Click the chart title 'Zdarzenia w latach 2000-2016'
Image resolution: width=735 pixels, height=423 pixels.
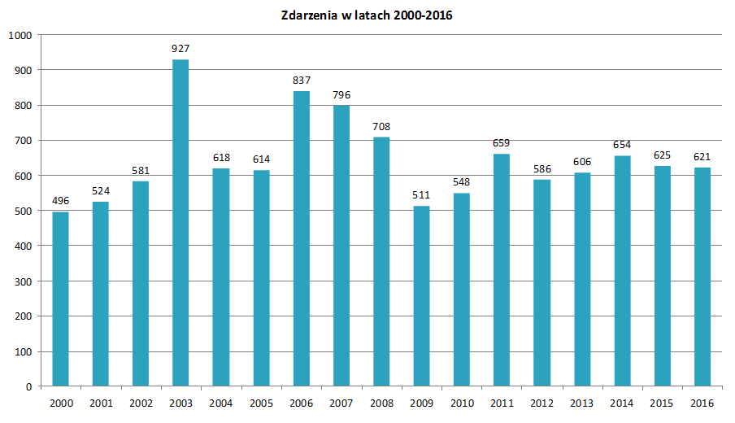367,15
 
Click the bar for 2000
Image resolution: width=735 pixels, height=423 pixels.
60,299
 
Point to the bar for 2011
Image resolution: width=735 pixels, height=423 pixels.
502,269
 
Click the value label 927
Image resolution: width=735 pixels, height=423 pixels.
180,49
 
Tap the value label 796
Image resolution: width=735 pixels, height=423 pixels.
341,95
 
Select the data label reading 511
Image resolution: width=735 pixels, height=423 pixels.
421,195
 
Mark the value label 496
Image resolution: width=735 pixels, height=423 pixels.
60,201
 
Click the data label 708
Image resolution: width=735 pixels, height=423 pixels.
381,126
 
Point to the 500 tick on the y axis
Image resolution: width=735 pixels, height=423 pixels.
23,211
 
